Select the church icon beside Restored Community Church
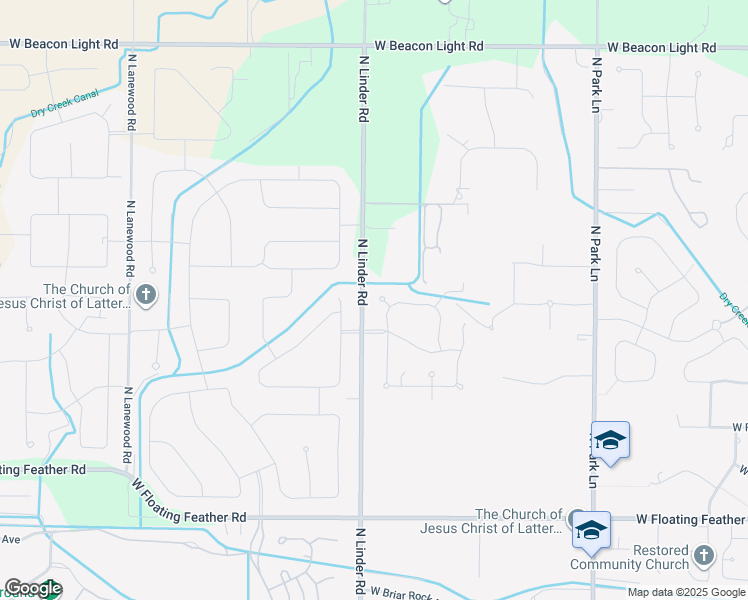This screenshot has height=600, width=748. coord(704,554)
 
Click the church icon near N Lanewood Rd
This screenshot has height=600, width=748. coord(146,294)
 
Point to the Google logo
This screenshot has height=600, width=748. coord(33,588)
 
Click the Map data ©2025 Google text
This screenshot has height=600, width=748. coord(687,592)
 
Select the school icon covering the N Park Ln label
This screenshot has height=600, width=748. coord(610,441)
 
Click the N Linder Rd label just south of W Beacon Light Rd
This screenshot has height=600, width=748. coord(363,89)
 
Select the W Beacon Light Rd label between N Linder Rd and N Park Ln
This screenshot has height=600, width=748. coord(430,46)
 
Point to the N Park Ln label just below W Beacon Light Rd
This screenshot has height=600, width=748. coord(595,85)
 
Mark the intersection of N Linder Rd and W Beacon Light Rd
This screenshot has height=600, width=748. coord(362,45)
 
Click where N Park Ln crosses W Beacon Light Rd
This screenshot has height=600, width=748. coord(596,45)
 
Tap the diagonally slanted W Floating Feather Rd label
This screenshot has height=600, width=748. coord(189,500)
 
